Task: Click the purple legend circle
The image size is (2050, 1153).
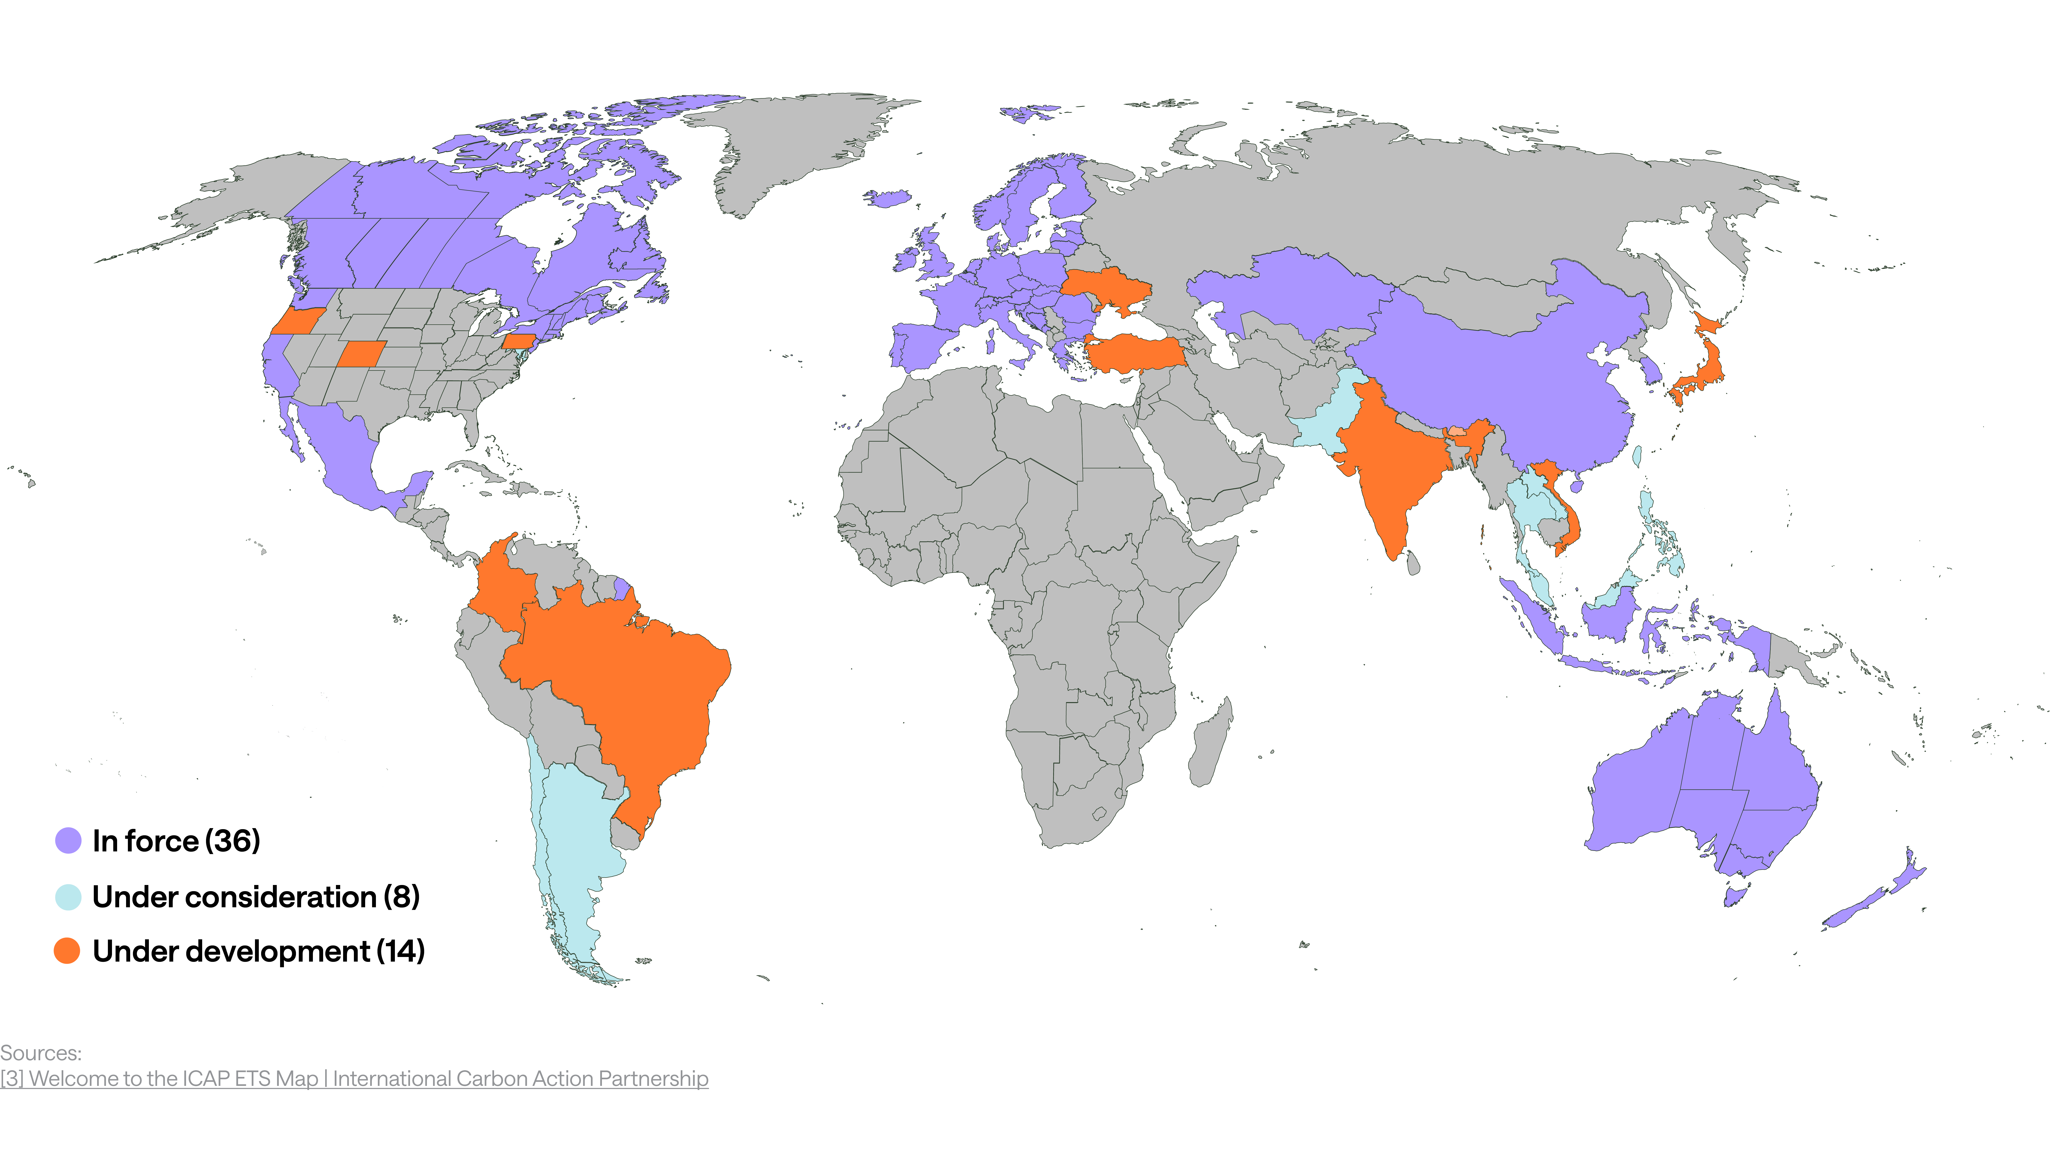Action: tap(68, 840)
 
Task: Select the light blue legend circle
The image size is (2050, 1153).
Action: tap(68, 897)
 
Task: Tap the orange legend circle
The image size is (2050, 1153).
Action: tap(67, 950)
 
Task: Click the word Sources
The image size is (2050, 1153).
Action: tap(40, 1053)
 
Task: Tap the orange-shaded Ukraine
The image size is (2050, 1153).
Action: tap(1106, 286)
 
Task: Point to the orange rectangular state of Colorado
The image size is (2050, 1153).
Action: tap(362, 354)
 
